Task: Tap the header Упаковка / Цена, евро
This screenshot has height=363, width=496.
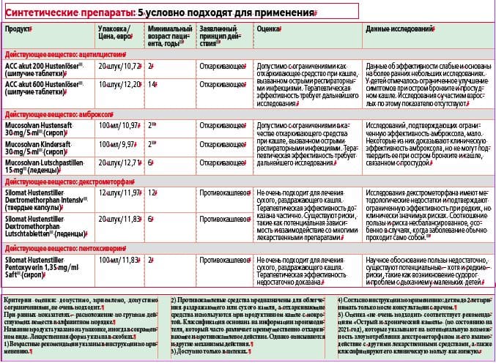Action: tap(115, 34)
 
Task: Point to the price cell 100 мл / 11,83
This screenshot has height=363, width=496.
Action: tap(119, 260)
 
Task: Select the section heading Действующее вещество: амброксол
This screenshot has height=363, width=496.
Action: tap(60, 115)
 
